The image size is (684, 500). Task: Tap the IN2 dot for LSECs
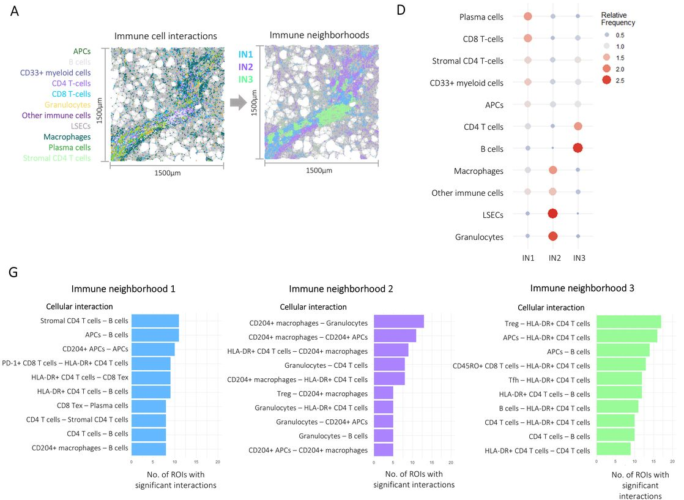click(552, 214)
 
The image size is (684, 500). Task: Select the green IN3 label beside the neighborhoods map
click(246, 77)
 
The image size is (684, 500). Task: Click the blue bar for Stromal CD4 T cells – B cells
click(155, 321)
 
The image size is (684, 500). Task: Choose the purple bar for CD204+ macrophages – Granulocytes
click(398, 322)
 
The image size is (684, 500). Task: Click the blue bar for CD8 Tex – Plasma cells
click(149, 406)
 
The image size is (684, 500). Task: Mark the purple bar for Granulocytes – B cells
click(384, 436)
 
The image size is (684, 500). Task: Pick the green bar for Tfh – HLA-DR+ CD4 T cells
click(619, 379)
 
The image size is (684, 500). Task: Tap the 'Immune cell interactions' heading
click(166, 36)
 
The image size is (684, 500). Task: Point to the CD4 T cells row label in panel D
click(483, 127)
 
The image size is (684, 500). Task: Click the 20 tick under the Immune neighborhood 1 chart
click(217, 462)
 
